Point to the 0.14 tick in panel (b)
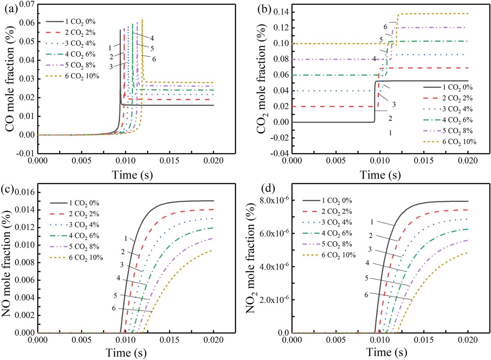(x=281, y=12)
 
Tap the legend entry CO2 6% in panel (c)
(x=84, y=236)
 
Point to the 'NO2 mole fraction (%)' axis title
(x=251, y=258)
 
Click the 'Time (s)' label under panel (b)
(x=380, y=174)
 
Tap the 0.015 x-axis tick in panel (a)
(x=169, y=161)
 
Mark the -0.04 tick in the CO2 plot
(x=280, y=153)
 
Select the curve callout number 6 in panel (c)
(x=113, y=308)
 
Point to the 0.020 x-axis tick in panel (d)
(x=468, y=340)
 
